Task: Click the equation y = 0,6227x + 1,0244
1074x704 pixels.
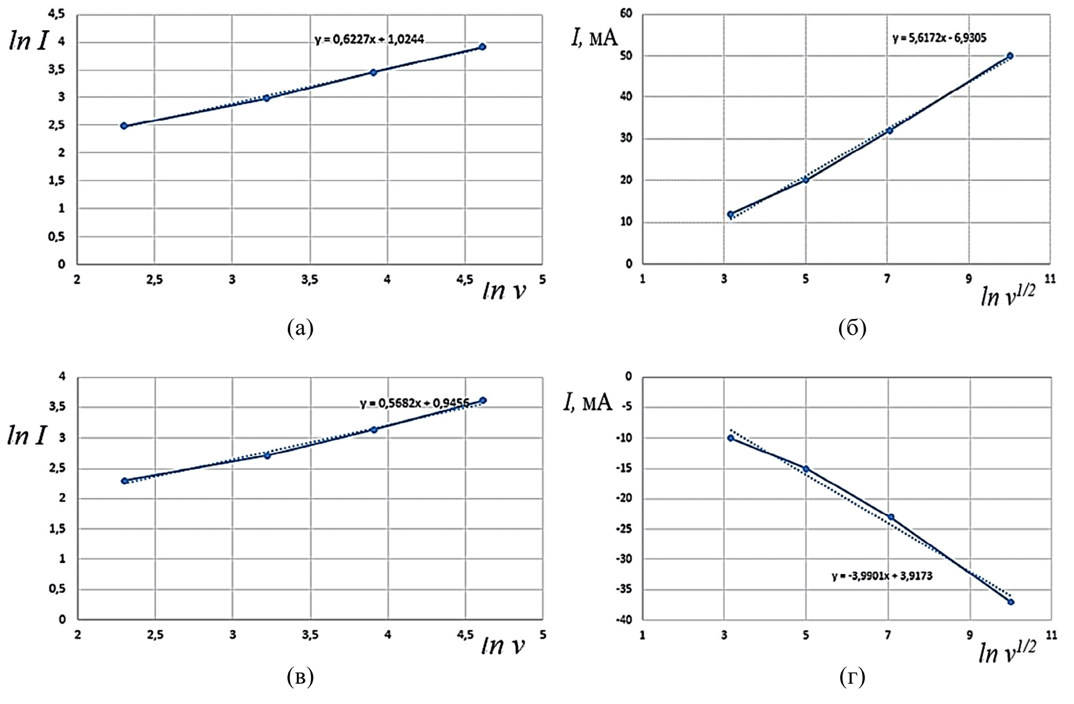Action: (x=369, y=39)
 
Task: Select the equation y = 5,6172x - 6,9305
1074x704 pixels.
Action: (x=939, y=38)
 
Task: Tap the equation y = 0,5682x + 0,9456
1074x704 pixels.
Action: (x=414, y=403)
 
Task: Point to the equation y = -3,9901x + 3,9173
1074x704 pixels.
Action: (x=882, y=576)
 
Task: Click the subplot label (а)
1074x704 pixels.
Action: (x=300, y=329)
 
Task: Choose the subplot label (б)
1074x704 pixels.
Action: (x=852, y=329)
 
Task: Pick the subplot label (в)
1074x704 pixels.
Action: (x=300, y=677)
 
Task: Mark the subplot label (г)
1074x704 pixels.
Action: (x=852, y=677)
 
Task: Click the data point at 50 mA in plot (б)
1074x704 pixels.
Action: (x=1010, y=56)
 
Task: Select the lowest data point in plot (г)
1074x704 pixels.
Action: (x=1011, y=602)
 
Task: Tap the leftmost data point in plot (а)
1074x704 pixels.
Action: (x=124, y=126)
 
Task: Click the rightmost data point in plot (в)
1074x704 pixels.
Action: (x=483, y=400)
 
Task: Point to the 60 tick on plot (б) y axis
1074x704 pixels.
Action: (x=625, y=13)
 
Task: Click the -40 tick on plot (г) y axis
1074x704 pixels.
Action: (x=623, y=619)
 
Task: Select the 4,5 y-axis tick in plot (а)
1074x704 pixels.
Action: (x=60, y=14)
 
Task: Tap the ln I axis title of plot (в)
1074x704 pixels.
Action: (x=27, y=436)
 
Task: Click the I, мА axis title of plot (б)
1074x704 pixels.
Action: (x=595, y=38)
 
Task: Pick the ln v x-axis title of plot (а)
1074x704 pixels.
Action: (x=504, y=291)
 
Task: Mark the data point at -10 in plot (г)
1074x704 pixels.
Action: (x=731, y=438)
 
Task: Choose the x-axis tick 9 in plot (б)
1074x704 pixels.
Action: (x=969, y=280)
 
